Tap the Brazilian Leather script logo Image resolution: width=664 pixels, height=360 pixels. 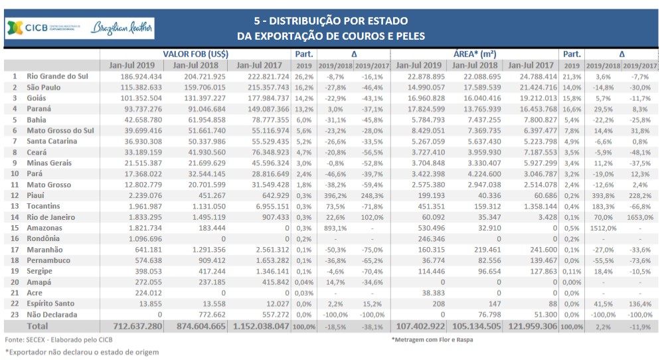coord(123,29)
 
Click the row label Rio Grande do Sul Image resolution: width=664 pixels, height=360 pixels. coord(57,76)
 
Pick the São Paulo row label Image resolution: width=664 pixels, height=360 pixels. coord(44,87)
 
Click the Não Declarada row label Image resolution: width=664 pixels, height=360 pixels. coord(52,314)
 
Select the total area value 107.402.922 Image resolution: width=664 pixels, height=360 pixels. coord(420,327)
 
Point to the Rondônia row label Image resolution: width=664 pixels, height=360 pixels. coord(43,238)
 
